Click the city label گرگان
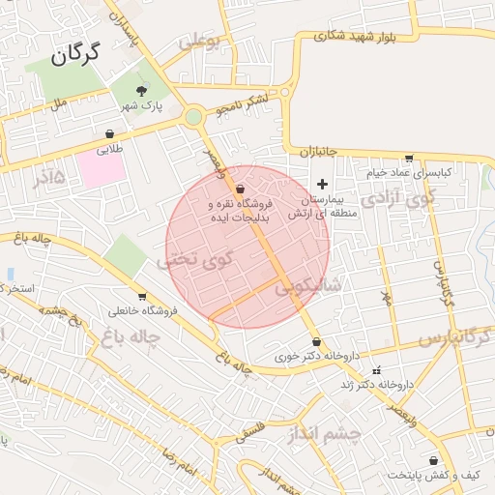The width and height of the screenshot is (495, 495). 73,55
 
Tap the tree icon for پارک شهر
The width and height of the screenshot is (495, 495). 142,90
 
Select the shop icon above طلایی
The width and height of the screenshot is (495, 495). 109,134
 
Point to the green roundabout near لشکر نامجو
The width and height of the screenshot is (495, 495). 193,118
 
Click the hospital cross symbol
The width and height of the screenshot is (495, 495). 322,184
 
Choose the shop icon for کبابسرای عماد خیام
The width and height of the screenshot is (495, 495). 409,159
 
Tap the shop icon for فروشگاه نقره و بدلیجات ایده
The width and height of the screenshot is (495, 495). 239,189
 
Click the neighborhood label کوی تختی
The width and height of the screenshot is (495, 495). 195,260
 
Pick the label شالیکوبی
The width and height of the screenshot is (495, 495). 306,286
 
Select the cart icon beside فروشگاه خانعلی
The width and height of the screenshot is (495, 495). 143,296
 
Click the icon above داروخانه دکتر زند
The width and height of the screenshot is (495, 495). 377,370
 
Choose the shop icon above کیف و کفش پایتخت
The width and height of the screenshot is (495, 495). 432,460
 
